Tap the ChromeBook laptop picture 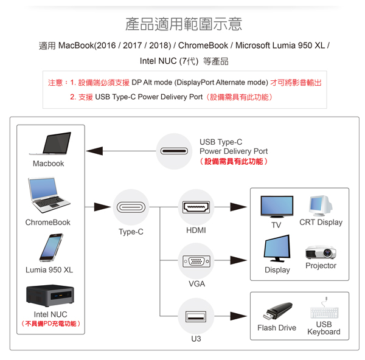(x=47, y=196)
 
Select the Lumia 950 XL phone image (x=50, y=247)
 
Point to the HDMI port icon (x=196, y=207)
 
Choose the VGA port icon (x=196, y=261)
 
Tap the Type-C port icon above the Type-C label (x=131, y=207)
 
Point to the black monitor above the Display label (x=277, y=249)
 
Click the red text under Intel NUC (x=51, y=324)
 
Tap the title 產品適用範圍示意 (x=183, y=24)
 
